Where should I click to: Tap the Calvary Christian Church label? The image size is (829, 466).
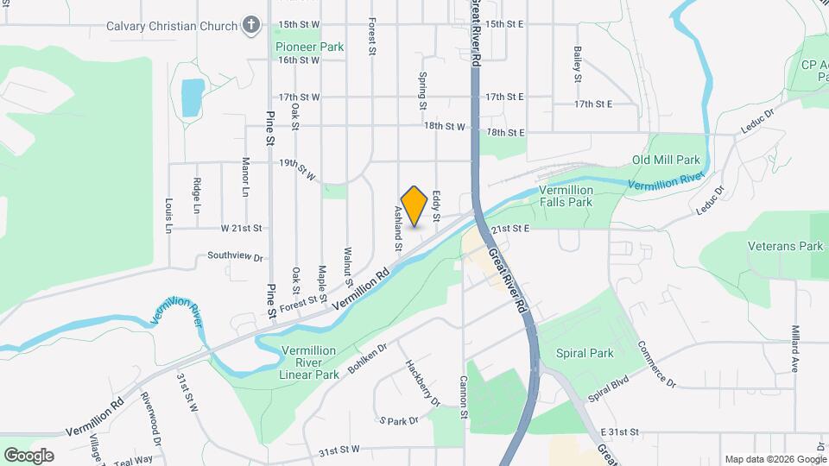click(x=171, y=26)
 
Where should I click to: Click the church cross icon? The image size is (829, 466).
click(x=251, y=25)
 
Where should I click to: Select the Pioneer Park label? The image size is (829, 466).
click(x=308, y=47)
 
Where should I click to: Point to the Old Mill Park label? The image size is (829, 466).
click(x=666, y=160)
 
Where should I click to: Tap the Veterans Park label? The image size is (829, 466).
click(x=786, y=246)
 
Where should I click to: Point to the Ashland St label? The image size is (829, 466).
click(x=399, y=228)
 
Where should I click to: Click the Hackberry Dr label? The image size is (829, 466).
click(x=423, y=382)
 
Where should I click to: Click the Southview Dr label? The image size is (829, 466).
click(x=234, y=257)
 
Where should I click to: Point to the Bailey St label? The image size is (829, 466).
click(x=577, y=64)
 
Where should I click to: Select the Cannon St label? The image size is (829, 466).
click(x=464, y=398)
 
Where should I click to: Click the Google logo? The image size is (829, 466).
click(x=28, y=455)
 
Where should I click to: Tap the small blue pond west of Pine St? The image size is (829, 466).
click(x=193, y=97)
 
